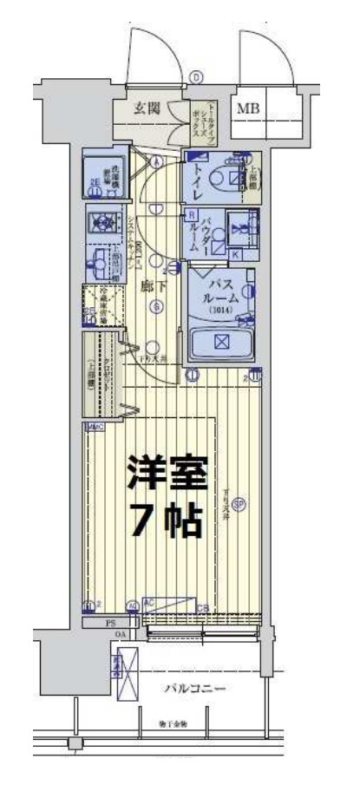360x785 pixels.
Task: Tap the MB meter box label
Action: pos(249,108)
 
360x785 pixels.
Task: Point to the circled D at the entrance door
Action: pos(197,77)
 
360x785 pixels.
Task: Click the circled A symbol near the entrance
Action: pos(156,162)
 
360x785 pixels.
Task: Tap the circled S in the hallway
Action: pos(156,305)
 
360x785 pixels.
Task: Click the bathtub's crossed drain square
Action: pos(220,341)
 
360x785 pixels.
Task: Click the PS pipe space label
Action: pos(110,622)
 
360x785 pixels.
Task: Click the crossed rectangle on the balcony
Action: pos(127,678)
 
